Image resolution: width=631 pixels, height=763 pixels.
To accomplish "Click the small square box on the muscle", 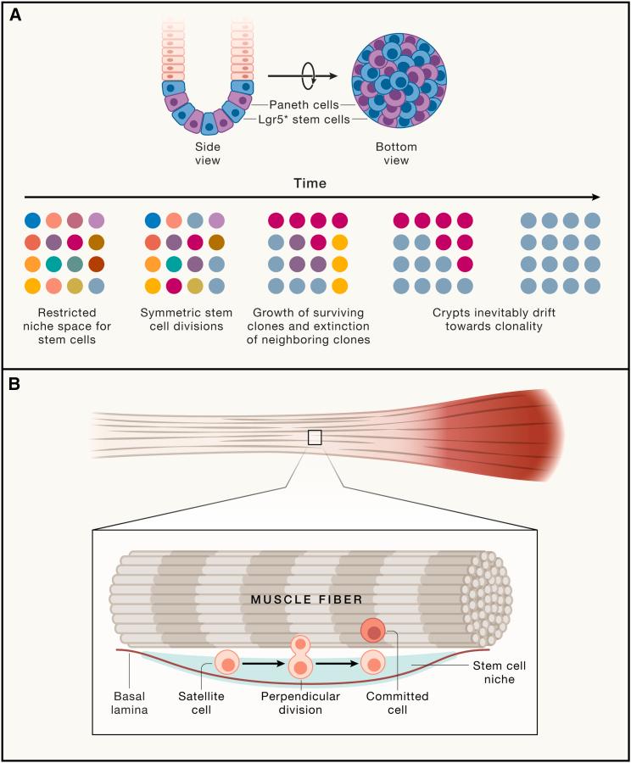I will click(315, 437).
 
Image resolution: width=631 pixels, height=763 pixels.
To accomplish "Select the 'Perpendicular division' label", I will click(301, 703).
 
